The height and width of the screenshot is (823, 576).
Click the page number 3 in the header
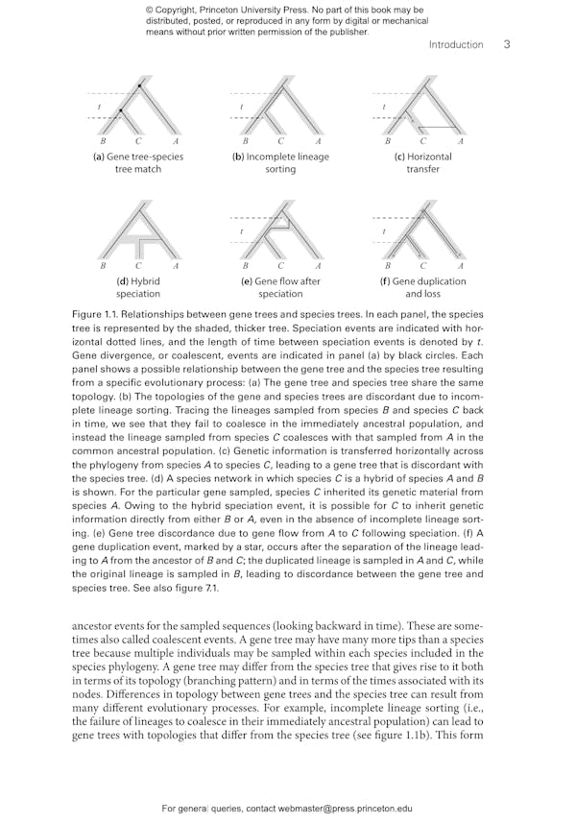(506, 44)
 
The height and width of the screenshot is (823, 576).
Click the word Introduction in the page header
(456, 45)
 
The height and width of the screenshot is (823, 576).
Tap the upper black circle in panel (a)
(139, 88)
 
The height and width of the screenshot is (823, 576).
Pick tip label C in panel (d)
(138, 266)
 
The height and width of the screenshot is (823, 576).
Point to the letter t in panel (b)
(242, 107)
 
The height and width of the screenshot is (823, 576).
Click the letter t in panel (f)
(384, 230)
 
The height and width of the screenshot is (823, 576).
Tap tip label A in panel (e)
(318, 266)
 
